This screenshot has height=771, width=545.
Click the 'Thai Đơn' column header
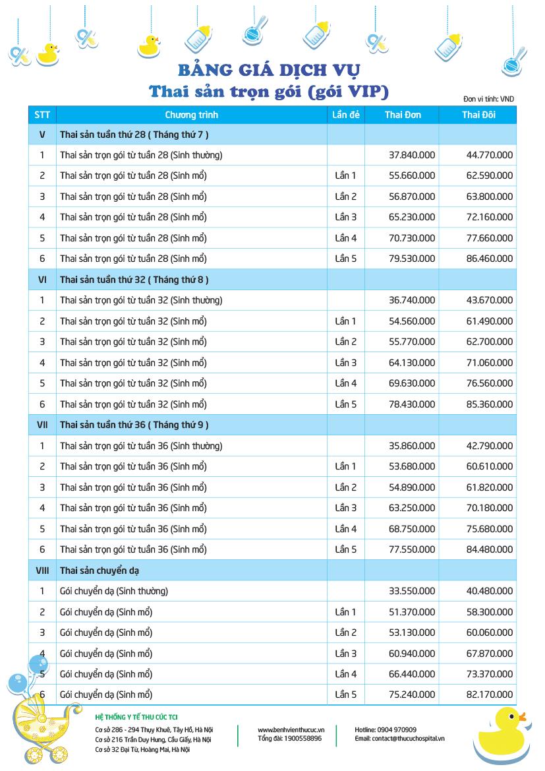click(x=403, y=115)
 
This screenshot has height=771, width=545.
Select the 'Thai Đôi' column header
click(x=479, y=115)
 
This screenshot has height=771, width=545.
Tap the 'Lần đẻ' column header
click(x=346, y=115)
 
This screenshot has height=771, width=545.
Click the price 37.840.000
click(x=412, y=155)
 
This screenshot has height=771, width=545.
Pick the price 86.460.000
click(x=489, y=259)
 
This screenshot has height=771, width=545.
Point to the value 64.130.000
click(x=412, y=363)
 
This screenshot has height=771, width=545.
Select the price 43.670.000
click(x=489, y=300)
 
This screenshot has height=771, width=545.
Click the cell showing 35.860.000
click(x=412, y=446)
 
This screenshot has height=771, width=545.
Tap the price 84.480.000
click(x=489, y=549)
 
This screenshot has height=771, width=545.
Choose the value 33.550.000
click(x=412, y=591)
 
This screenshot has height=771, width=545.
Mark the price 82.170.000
click(x=489, y=694)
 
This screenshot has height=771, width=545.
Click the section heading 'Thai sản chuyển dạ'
click(x=100, y=570)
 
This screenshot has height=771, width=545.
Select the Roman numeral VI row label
click(x=42, y=280)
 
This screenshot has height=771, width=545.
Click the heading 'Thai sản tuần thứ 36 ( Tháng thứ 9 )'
click(x=134, y=425)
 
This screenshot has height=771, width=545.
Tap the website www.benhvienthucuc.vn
click(x=291, y=730)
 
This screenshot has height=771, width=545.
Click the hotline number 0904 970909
click(x=395, y=730)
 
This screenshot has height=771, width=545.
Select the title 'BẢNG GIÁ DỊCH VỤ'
click(x=269, y=70)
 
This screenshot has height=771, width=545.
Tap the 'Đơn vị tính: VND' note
click(x=488, y=99)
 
